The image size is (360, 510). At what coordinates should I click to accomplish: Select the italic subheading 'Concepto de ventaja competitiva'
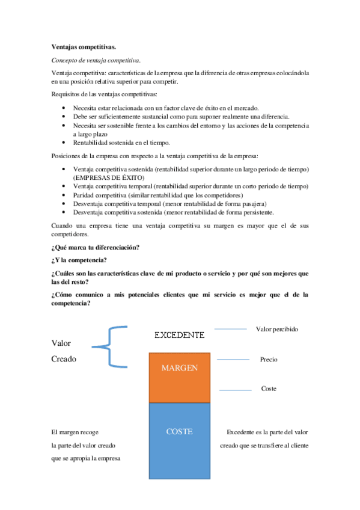(x=96, y=60)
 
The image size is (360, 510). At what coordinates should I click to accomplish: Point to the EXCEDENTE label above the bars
(x=179, y=334)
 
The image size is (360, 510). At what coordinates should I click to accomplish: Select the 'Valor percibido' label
(x=277, y=329)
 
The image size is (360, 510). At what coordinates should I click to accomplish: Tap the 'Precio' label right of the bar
(x=269, y=360)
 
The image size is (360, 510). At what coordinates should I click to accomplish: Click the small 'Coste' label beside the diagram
(x=269, y=389)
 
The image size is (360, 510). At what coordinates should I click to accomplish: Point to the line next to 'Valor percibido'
(x=231, y=329)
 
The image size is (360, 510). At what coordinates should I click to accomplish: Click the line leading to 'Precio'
(x=233, y=360)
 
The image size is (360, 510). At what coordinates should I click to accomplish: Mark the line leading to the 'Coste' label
(x=236, y=390)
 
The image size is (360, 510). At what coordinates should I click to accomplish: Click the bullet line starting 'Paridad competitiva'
(x=157, y=195)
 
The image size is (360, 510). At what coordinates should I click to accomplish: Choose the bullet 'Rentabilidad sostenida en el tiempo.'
(x=121, y=143)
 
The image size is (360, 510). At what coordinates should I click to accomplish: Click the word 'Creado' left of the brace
(x=64, y=359)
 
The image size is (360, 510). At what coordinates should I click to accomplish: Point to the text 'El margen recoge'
(x=75, y=432)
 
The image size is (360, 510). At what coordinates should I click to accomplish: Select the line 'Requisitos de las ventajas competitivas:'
(x=105, y=94)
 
